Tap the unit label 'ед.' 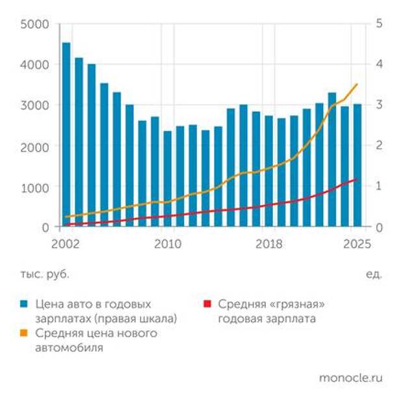[x=374, y=274]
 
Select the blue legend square [x=24, y=304]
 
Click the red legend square [x=208, y=304]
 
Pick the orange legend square [x=24, y=334]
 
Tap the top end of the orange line [x=357, y=84]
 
